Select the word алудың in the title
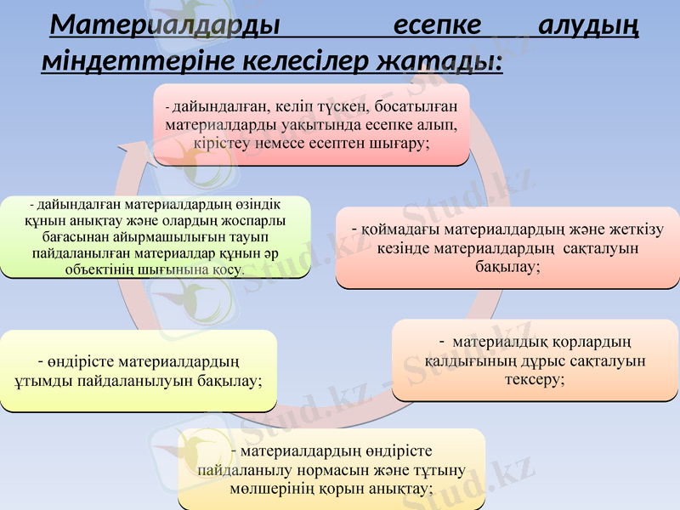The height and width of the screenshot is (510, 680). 589,25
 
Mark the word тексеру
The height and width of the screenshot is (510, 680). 535,378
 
